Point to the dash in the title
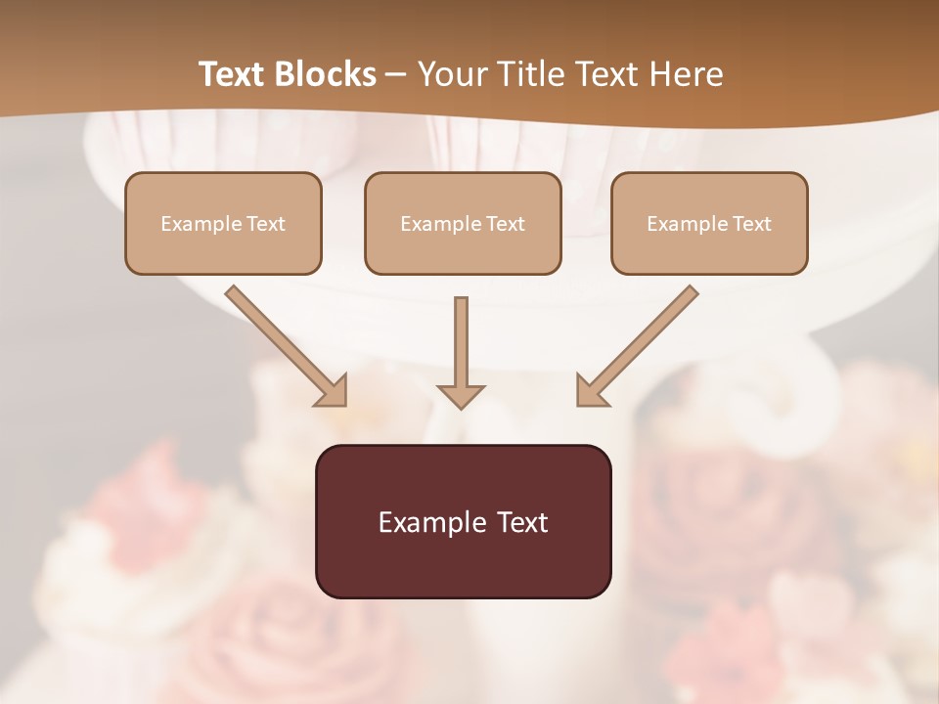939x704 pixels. click(x=396, y=75)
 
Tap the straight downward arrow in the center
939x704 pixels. click(x=461, y=342)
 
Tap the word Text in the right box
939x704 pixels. click(x=751, y=224)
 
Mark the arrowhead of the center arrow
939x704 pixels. click(x=461, y=395)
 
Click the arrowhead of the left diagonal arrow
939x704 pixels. click(x=334, y=392)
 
